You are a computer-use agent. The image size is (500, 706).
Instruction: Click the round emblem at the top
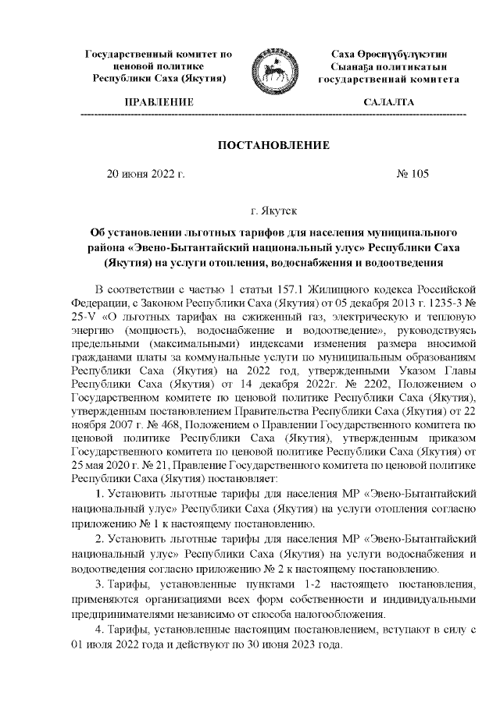270,73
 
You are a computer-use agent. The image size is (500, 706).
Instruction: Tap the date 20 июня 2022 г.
145,174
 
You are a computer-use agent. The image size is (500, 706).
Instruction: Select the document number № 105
412,174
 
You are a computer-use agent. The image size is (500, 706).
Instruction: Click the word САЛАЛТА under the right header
388,103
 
